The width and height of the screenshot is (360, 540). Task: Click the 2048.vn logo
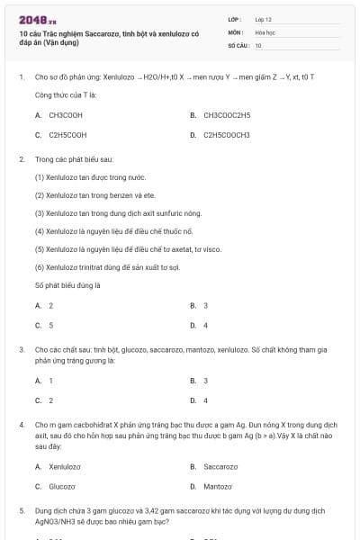37,19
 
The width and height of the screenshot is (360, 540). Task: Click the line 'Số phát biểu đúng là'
67,285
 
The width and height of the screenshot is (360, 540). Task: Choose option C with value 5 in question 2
50,325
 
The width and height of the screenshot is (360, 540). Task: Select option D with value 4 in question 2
205,325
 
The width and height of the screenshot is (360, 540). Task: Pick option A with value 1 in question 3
50,381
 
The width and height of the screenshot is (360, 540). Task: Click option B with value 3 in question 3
205,381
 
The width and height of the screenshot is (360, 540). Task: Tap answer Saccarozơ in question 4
220,466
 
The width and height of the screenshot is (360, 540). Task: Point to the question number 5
21,509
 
